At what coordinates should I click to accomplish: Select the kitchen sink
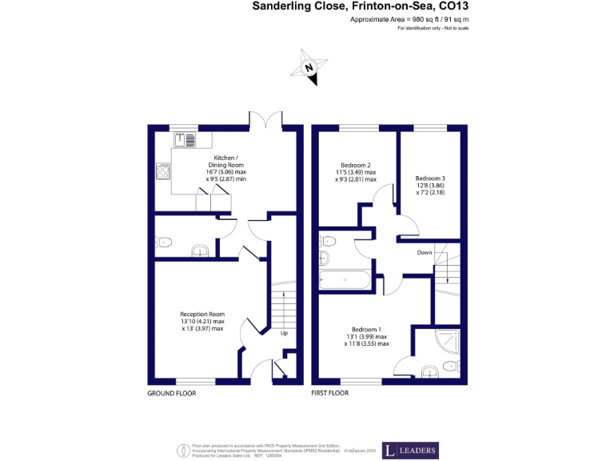[x=184, y=140]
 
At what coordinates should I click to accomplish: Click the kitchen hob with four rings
[x=163, y=170]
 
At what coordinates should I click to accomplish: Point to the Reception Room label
[x=202, y=321]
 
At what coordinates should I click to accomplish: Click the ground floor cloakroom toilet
[x=165, y=241]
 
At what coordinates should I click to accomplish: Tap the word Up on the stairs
[x=284, y=334]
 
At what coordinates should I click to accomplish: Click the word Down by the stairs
[x=425, y=252]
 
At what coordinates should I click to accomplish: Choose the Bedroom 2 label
[x=356, y=175]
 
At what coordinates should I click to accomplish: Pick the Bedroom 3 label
[x=430, y=184]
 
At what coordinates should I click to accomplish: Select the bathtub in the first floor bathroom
[x=344, y=281]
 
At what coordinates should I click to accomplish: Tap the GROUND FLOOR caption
[x=171, y=394]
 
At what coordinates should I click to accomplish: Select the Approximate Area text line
[x=409, y=18]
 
